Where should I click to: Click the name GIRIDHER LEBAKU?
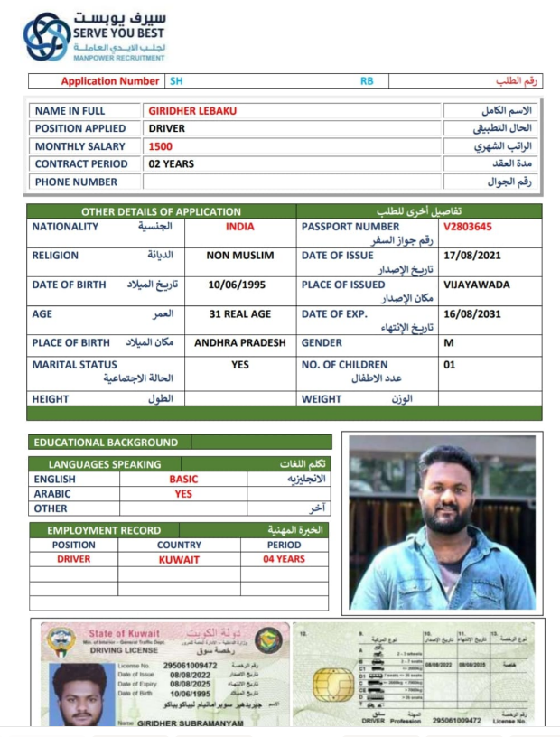point(192,110)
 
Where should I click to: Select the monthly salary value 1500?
point(161,146)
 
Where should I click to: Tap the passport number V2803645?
point(468,227)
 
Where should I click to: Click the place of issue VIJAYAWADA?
point(477,285)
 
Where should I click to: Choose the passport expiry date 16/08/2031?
point(471,313)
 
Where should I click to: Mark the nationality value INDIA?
point(239,227)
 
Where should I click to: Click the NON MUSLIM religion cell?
point(239,256)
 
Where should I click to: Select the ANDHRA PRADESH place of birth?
point(239,343)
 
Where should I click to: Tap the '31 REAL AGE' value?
point(239,313)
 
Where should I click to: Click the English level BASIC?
point(183,480)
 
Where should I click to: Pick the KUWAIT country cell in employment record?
point(179,559)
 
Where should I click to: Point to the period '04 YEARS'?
point(284,559)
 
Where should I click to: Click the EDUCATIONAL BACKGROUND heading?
point(106,443)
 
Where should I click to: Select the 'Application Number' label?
point(110,81)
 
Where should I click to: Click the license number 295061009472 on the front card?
point(190,666)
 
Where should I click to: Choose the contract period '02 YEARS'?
point(172,163)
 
